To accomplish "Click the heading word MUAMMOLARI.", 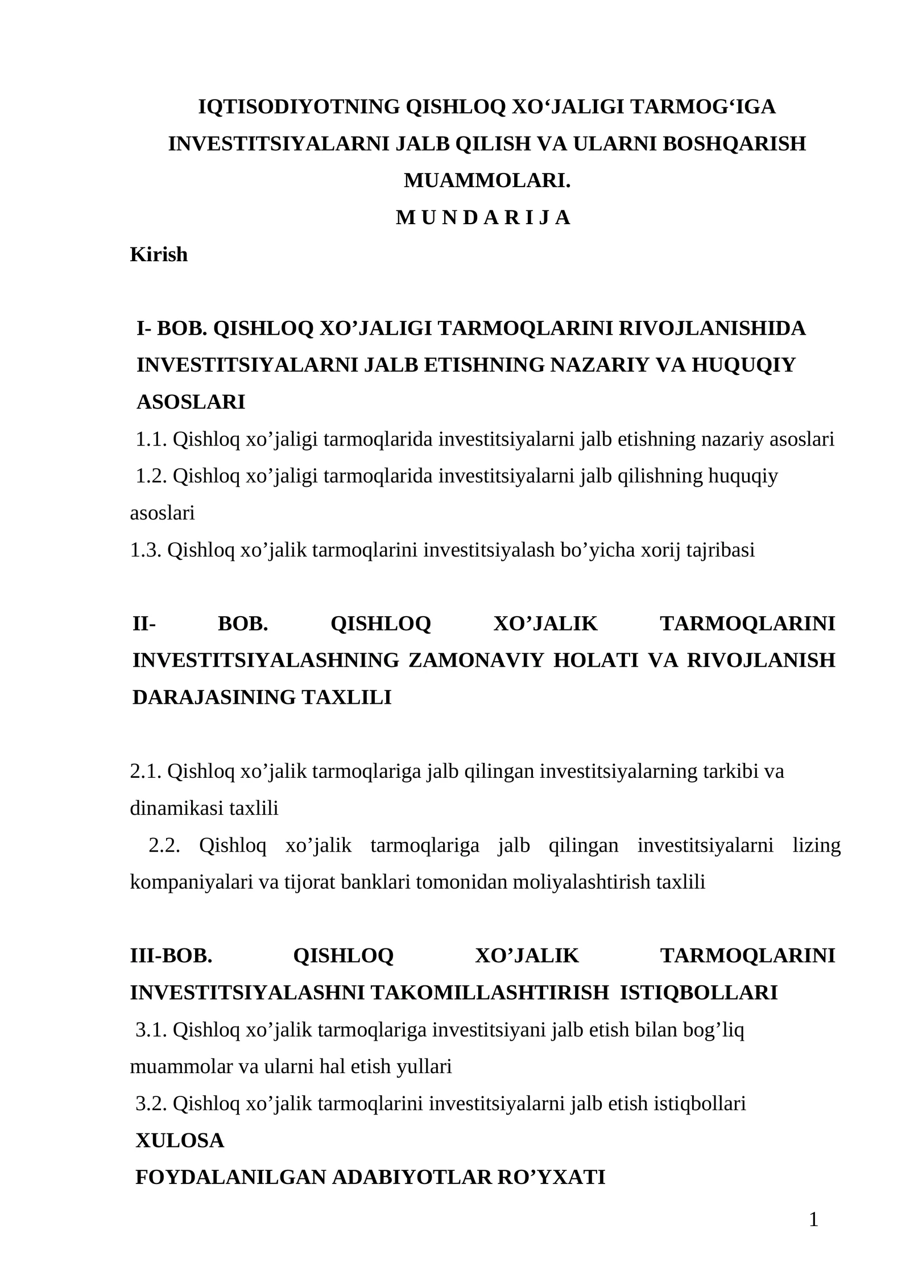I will coord(486,181).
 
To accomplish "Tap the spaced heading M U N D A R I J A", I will coord(482,217).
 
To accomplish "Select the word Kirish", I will coord(159,254).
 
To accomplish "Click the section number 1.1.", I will coord(151,439).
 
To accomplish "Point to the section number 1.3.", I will coord(146,550).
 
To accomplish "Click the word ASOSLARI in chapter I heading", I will coord(191,402).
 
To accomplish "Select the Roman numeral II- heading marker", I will coord(144,624).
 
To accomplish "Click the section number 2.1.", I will coord(146,772).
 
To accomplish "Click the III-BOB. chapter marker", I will coord(171,956).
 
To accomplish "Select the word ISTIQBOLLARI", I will coord(698,993).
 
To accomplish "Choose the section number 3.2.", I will coord(151,1104).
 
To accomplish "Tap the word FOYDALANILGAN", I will coord(230,1177).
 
